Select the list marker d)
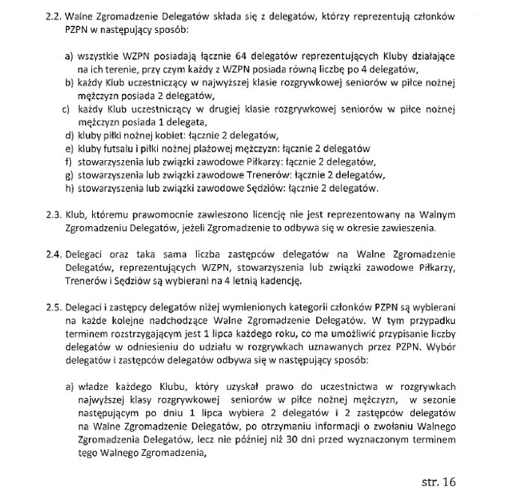point(70,135)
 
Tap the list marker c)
point(67,109)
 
